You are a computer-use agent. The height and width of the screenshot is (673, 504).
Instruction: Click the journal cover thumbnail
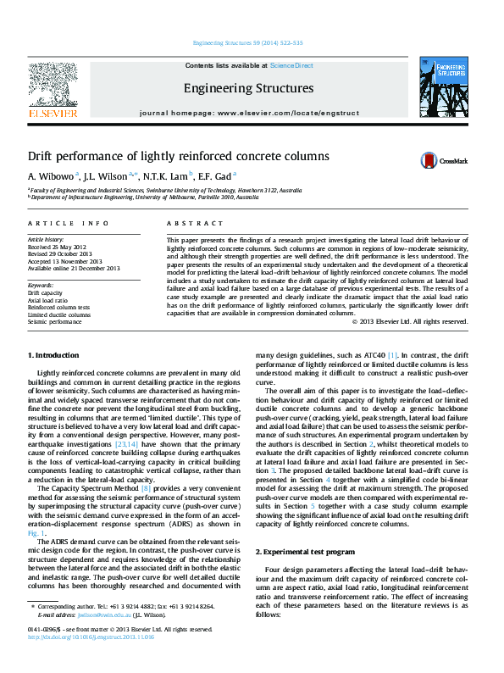coord(443,90)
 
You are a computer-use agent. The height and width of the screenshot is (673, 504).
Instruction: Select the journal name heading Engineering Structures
coord(248,88)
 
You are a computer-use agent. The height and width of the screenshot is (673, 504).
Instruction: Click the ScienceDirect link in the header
coord(291,65)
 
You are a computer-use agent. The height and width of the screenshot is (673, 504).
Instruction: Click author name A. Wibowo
coord(52,176)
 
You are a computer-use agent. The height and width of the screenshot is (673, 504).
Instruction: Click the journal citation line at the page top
coord(248,42)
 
